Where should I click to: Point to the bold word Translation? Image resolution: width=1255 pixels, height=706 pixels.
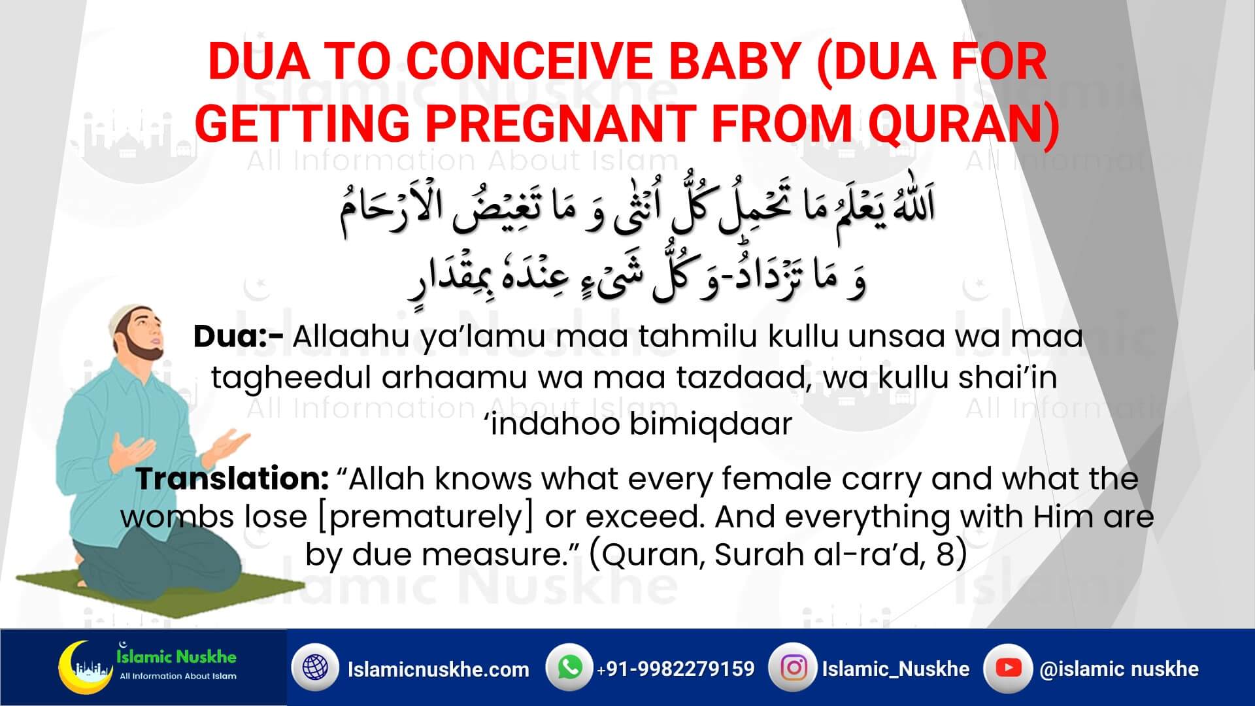pos(231,479)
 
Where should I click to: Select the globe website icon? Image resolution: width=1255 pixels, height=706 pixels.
pos(315,669)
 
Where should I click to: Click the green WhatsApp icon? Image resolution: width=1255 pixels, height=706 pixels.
pos(570,668)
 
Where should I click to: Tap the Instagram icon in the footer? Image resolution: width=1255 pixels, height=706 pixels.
pos(794,668)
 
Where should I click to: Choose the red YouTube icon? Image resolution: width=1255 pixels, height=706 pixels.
pos(1008,668)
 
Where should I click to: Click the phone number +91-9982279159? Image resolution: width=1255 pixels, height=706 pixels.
pos(675,669)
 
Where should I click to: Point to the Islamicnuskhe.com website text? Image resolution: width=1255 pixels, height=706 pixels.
pos(439,669)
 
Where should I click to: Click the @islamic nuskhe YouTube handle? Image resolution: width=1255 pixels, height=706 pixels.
pos(1119,669)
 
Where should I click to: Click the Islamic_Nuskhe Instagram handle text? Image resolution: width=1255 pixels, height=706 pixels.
pos(895,669)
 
